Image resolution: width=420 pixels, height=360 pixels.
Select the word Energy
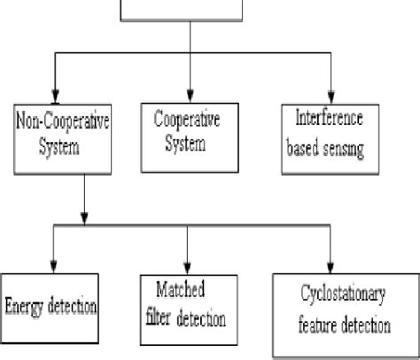[25, 305]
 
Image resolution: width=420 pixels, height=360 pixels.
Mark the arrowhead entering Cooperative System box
[189, 98]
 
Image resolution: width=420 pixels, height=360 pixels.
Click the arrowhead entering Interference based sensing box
[331, 98]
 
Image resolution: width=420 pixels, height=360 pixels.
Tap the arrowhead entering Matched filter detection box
[188, 270]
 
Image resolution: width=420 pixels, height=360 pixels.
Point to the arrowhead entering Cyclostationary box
[330, 270]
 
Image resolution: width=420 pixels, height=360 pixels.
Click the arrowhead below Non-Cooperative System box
[83, 218]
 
